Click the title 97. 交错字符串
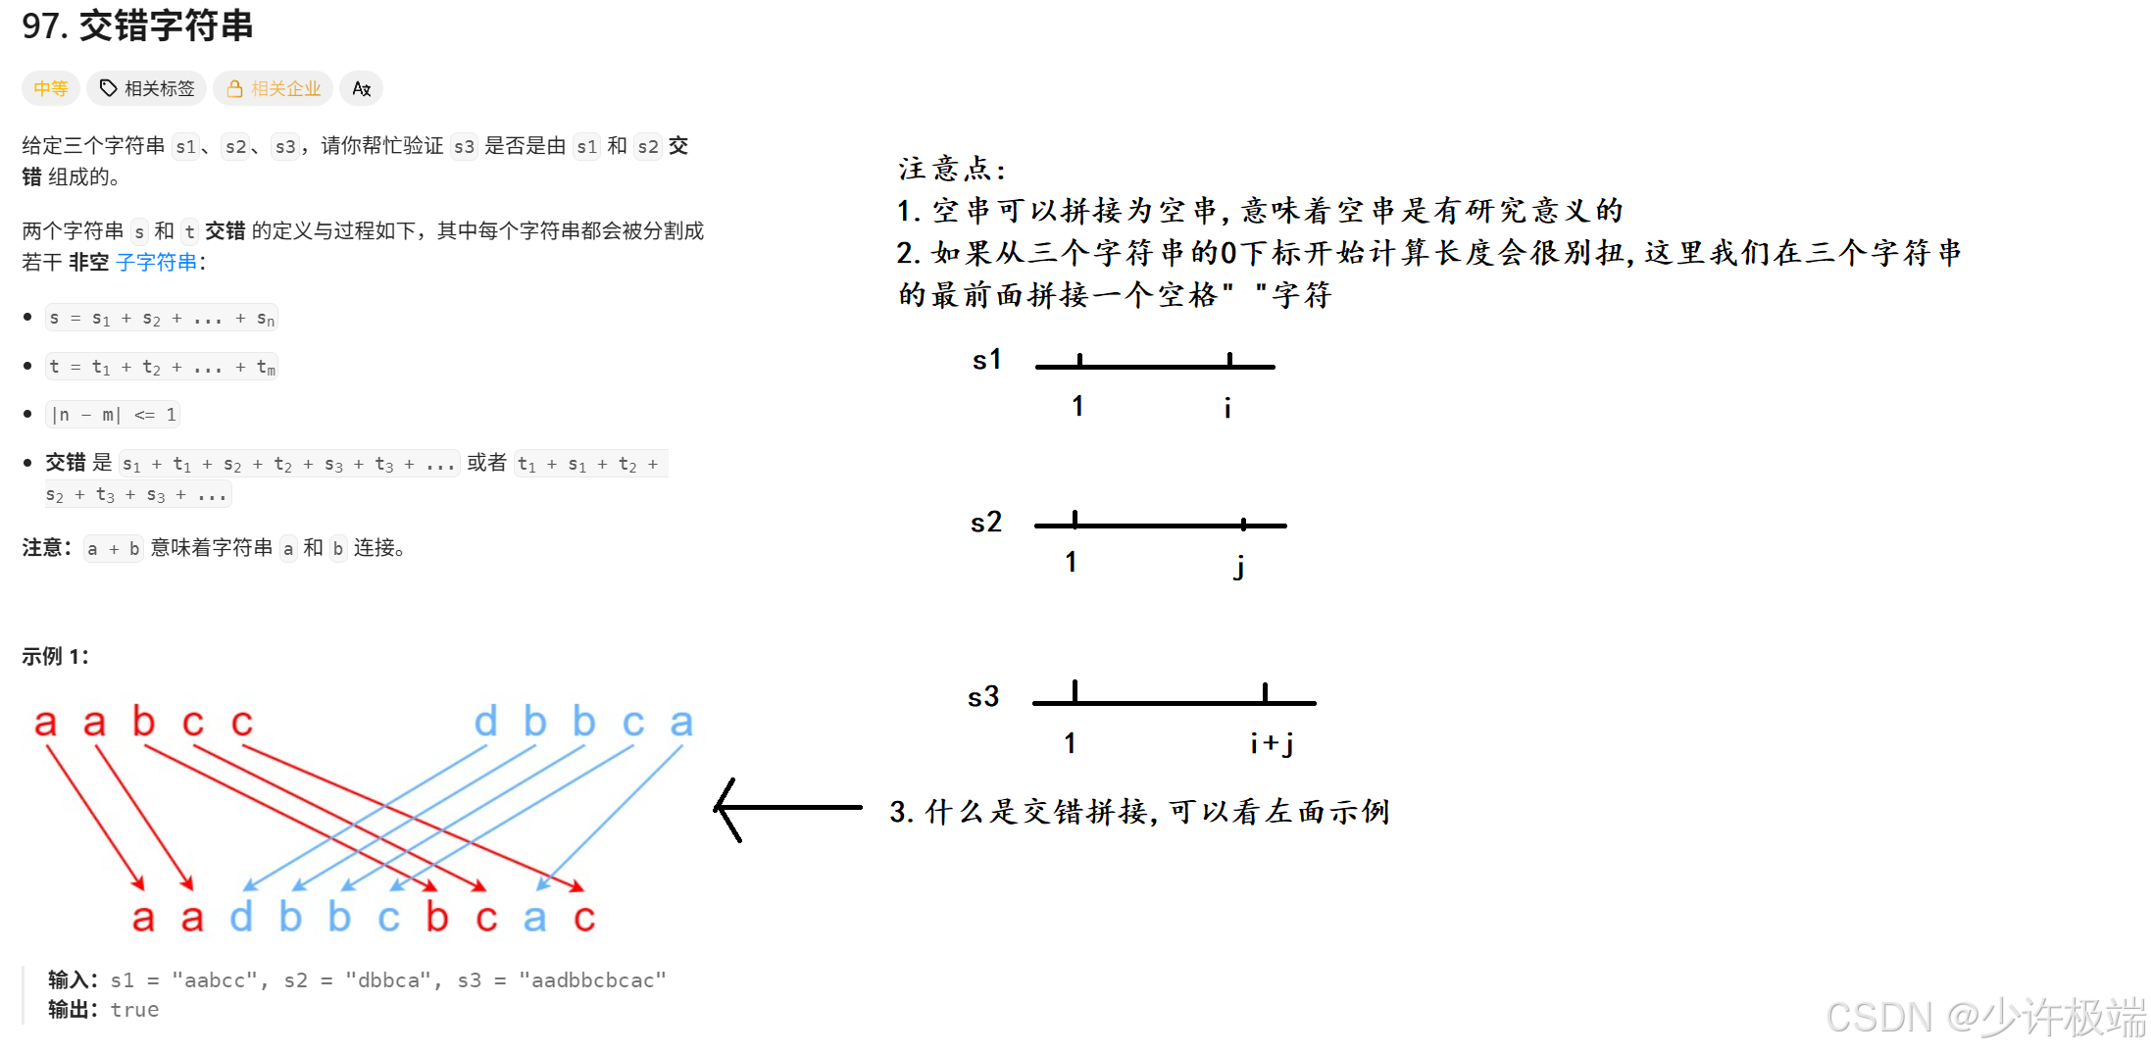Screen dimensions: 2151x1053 click(x=137, y=26)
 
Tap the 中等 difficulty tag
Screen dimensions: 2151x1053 click(x=50, y=88)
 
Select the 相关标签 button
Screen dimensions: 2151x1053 click(x=147, y=88)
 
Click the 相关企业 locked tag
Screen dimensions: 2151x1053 click(x=274, y=88)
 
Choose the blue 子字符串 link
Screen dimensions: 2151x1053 click(x=157, y=262)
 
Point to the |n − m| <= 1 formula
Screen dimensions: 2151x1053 click(x=113, y=415)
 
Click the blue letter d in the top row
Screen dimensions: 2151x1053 click(x=485, y=722)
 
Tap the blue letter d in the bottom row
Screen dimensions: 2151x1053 click(x=241, y=918)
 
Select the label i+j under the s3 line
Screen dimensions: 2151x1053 click(x=1272, y=743)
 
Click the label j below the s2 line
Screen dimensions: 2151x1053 click(x=1240, y=565)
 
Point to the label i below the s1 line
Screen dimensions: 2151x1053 click(x=1227, y=406)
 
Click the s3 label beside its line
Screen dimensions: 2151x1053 click(x=983, y=696)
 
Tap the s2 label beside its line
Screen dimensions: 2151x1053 click(x=986, y=522)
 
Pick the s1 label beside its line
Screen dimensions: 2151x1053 click(x=987, y=360)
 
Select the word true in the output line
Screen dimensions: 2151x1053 click(x=134, y=1010)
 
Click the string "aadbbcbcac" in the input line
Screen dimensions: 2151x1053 click(x=592, y=979)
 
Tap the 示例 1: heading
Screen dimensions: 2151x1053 click(x=55, y=656)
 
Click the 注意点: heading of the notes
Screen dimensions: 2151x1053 click(x=952, y=169)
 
